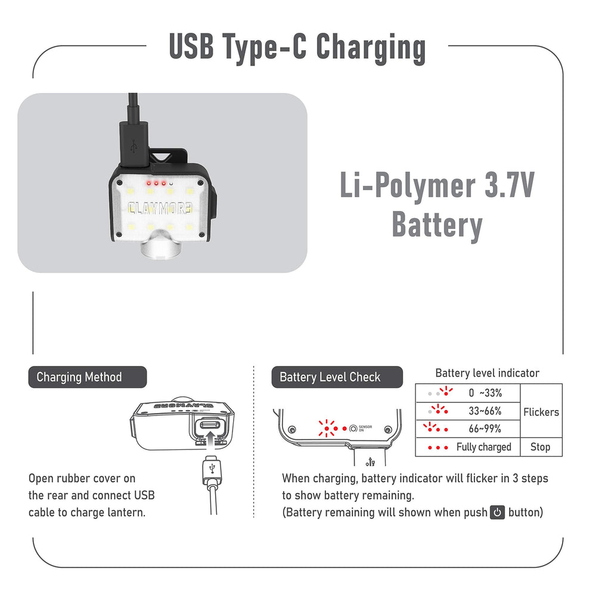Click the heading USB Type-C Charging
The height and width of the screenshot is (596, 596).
[297, 48]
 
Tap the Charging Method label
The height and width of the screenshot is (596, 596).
[88, 377]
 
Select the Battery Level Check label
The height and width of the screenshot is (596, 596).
[337, 377]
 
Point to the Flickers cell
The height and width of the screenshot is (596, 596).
[541, 412]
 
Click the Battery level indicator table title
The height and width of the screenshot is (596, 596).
[487, 373]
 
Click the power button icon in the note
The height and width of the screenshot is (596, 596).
[497, 513]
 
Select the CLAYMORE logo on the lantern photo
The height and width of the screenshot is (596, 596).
[160, 208]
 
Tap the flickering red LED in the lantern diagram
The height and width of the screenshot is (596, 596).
[327, 429]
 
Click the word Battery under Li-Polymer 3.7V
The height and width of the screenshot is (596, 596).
[437, 225]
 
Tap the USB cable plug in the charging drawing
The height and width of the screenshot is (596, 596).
[212, 471]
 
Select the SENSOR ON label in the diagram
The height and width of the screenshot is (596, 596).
[365, 429]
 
